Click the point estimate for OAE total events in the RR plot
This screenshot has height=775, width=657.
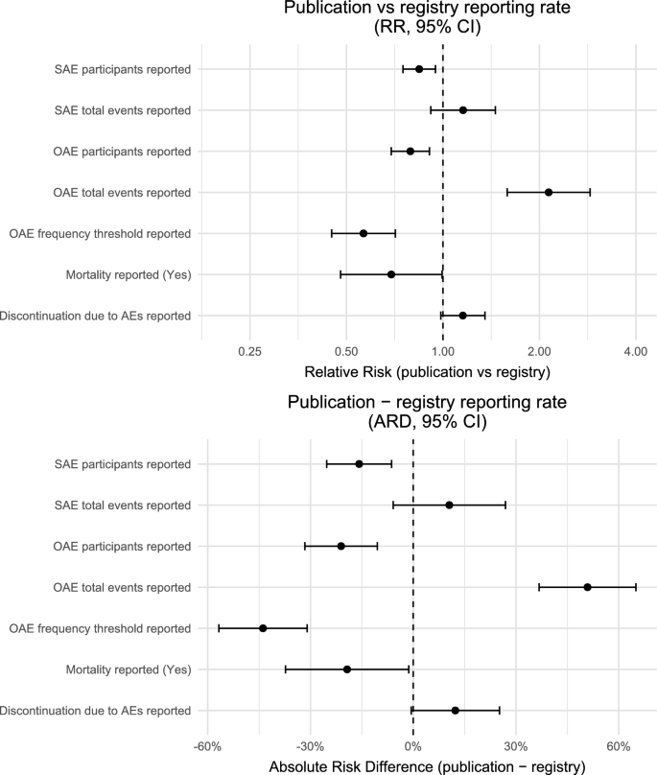pos(549,192)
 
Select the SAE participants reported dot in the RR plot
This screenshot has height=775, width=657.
pos(419,69)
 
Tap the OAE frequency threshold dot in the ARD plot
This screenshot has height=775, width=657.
pos(263,628)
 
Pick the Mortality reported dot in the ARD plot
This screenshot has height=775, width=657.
pos(347,669)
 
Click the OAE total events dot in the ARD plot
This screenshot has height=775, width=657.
pos(587,587)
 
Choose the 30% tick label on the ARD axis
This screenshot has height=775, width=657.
pos(516,746)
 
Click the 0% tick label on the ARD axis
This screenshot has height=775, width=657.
pos(413,746)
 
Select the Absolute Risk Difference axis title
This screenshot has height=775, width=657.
pos(427,766)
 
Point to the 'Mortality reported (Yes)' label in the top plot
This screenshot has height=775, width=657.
pos(129,274)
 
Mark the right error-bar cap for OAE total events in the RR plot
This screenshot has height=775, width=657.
pos(590,192)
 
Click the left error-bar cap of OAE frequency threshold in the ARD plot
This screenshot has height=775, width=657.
pos(219,628)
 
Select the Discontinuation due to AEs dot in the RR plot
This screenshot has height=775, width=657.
pos(462,316)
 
